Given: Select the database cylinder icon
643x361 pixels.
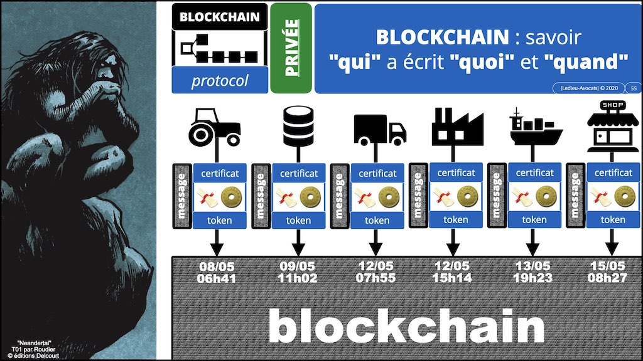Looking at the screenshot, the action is [x=298, y=126].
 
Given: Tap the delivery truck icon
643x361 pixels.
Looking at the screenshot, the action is [x=380, y=130].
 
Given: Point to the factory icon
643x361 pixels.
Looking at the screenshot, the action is [x=457, y=127].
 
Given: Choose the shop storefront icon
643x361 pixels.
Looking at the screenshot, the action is [x=613, y=127].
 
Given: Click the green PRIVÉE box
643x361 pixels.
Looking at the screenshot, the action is [x=291, y=48].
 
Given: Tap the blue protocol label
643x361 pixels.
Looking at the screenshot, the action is [x=220, y=80].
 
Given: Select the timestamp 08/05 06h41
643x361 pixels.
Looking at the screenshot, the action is [x=217, y=273].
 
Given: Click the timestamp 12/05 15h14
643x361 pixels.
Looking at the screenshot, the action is [x=452, y=272].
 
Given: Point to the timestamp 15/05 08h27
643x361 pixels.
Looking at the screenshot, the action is [x=607, y=272].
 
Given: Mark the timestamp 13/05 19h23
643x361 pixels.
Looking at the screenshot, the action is [x=532, y=272].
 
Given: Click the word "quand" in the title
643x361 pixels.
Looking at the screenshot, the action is [x=586, y=62].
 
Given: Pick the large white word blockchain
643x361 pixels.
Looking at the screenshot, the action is [x=406, y=326].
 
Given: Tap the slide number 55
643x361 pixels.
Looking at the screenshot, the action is [x=634, y=88].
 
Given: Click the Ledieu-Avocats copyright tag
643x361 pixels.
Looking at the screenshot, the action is [x=588, y=88].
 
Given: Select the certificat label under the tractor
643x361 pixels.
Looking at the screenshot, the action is [x=220, y=173].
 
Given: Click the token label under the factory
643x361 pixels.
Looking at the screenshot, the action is [x=456, y=220].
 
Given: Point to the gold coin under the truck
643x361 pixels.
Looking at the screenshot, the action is [x=389, y=197].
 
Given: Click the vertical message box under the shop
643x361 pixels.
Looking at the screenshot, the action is [x=575, y=196].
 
